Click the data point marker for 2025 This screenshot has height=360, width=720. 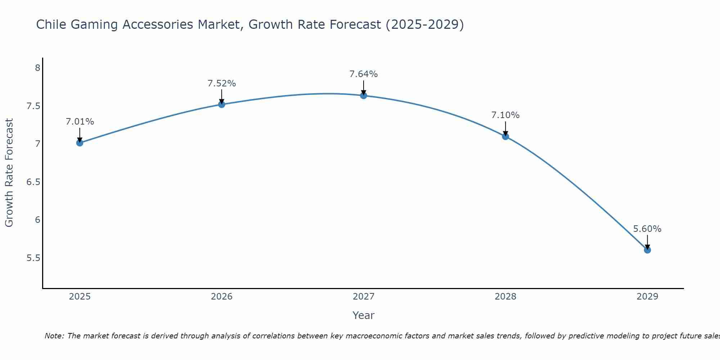tap(80, 143)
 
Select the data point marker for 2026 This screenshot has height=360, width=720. tap(222, 104)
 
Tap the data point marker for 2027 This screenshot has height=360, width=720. tap(364, 95)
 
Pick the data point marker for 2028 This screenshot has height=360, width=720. tap(505, 136)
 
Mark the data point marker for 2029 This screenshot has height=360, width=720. tap(647, 250)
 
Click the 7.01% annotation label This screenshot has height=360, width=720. tap(80, 122)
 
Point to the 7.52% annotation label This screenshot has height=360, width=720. tap(222, 84)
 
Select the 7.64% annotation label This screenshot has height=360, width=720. tap(364, 74)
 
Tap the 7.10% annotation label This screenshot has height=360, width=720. tap(505, 115)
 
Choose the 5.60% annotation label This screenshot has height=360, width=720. tap(647, 229)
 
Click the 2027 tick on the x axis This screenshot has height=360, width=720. tap(364, 297)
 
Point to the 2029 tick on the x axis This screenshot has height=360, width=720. tap(647, 297)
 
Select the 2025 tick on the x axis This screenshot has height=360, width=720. tap(80, 297)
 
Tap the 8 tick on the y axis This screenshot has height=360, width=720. tap(37, 68)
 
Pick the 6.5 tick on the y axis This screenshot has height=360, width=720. tap(33, 182)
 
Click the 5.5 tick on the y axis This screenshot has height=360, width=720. tap(33, 258)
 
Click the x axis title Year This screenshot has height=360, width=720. tap(364, 315)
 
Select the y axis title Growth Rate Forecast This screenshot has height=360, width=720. tap(9, 173)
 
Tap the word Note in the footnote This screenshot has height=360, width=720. tap(54, 336)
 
